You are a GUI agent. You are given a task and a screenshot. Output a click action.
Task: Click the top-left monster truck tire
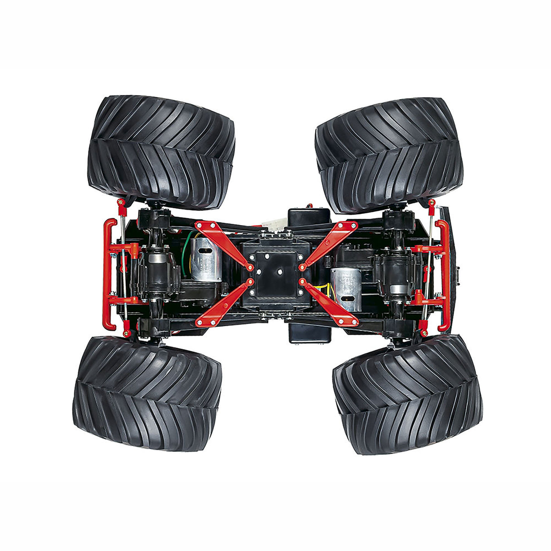[161, 151]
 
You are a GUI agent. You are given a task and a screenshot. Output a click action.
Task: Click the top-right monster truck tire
[389, 154]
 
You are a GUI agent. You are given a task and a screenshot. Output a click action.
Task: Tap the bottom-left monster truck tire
[147, 393]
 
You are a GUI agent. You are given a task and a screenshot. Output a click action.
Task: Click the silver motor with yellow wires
[346, 289]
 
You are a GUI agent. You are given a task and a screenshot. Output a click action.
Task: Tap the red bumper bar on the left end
[109, 274]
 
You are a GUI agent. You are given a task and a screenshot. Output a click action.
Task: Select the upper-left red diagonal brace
[223, 243]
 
